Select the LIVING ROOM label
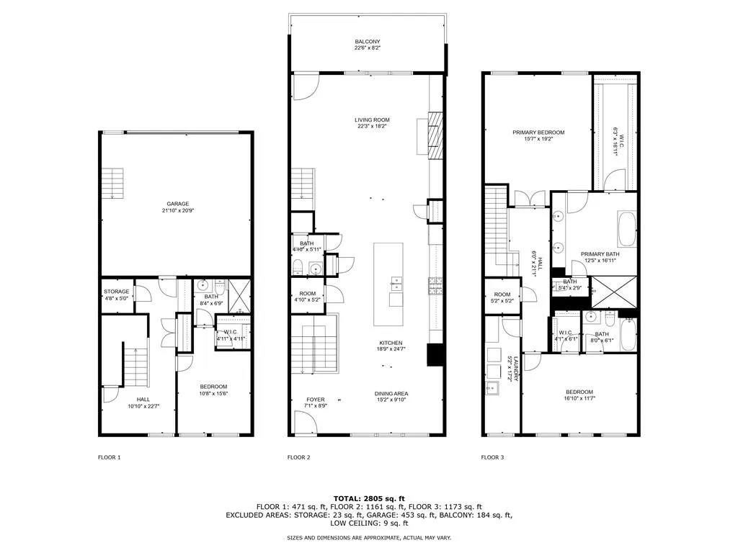(371, 120)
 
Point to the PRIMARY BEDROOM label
(538, 132)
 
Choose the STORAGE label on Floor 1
(116, 292)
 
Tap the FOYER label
(316, 400)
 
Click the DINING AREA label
(391, 393)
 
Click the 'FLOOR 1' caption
(110, 457)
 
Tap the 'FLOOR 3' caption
(493, 457)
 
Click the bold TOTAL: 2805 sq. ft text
(369, 498)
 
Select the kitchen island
(388, 284)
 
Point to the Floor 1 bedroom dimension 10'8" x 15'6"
(213, 394)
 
